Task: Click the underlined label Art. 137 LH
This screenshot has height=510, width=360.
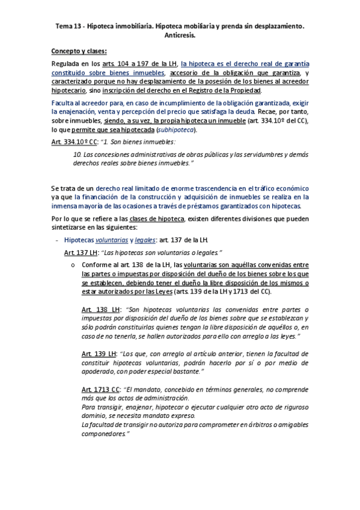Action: coord(76,252)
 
